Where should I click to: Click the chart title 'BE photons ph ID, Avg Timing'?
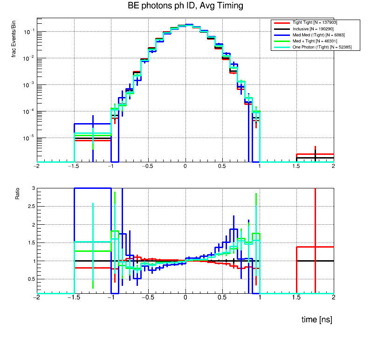coord(185,6)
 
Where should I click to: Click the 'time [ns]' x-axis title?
coord(317,320)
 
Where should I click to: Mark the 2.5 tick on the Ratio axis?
coord(30,206)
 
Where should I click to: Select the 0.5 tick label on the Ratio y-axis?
coord(30,279)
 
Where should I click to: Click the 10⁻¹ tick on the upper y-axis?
coord(28,32)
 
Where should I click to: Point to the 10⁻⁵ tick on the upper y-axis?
coord(28,138)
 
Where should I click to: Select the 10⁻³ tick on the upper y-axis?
coord(28,85)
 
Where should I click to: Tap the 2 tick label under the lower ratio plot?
coord(333,297)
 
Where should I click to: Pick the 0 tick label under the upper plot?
coord(185,166)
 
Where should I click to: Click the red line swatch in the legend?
coord(282,22)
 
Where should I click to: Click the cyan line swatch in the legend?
coord(282,47)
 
